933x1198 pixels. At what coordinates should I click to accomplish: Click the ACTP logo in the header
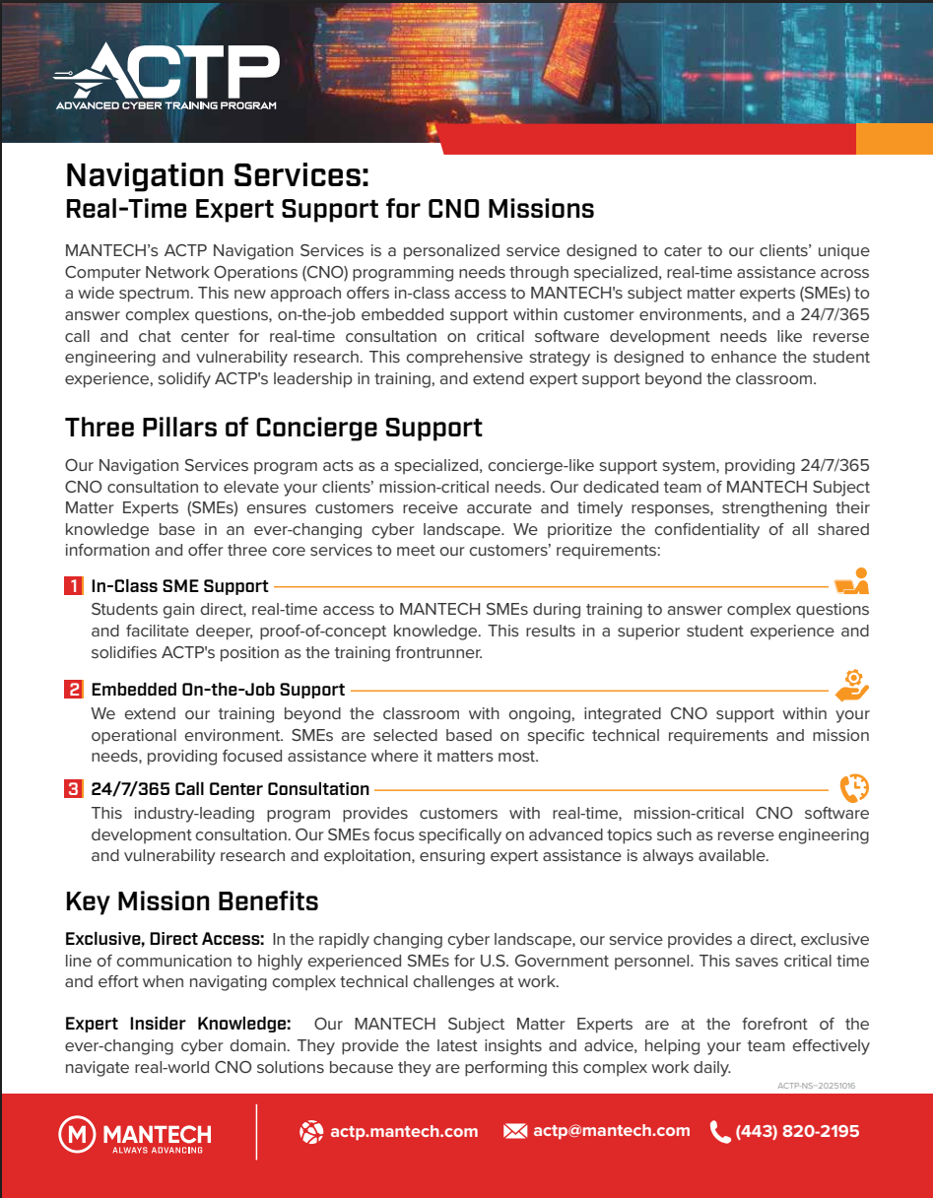[x=167, y=78]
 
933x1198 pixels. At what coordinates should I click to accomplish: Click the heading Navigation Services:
[x=217, y=175]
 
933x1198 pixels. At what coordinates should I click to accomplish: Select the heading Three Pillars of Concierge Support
[x=273, y=428]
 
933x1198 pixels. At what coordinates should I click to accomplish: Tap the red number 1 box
[x=74, y=586]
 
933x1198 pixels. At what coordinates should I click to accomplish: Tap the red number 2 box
[x=74, y=690]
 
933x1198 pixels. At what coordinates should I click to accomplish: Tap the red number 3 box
[x=74, y=789]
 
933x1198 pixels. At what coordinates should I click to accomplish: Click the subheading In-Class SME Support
[x=179, y=586]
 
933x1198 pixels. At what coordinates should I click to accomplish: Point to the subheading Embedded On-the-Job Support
[x=218, y=690]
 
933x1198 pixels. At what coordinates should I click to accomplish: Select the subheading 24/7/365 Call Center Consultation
[x=230, y=789]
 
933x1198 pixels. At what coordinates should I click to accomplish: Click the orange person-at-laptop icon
[x=851, y=582]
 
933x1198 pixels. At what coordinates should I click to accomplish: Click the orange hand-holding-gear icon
[x=853, y=684]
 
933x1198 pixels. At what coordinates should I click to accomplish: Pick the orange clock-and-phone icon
[x=854, y=788]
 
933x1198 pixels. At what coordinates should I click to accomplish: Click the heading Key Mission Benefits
[x=191, y=901]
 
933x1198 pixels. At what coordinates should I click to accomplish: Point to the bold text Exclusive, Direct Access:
[x=164, y=940]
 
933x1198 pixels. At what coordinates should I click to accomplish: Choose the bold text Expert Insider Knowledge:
[x=177, y=1024]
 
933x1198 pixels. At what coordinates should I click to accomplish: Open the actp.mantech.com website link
[x=404, y=1132]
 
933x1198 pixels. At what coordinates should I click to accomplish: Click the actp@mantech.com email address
[x=611, y=1131]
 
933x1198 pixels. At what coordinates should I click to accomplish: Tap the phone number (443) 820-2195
[x=797, y=1132]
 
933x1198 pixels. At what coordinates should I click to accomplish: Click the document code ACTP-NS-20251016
[x=816, y=1086]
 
